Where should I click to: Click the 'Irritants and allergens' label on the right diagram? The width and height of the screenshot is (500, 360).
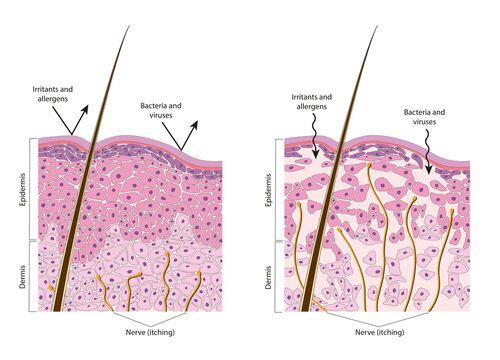click(312, 103)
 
